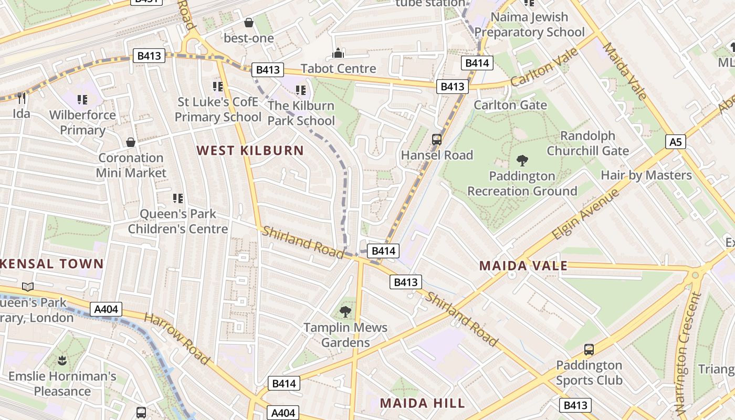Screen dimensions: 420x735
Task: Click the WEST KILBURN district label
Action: (250, 151)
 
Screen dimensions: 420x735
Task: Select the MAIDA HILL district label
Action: (423, 403)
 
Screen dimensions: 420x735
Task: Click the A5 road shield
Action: (676, 141)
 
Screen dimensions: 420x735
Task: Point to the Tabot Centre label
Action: (339, 69)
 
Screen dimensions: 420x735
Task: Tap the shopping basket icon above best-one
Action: (249, 23)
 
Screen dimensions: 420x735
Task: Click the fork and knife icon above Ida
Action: (22, 98)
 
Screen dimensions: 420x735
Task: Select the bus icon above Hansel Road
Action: (437, 140)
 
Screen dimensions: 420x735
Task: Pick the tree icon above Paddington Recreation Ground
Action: (522, 160)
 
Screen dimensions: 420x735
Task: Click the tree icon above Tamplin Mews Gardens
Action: (345, 312)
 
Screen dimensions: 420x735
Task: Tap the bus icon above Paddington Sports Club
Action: (589, 350)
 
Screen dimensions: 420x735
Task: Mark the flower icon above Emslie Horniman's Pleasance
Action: (62, 361)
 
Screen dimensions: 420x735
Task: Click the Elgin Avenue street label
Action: (586, 215)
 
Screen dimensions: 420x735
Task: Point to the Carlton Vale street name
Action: (544, 67)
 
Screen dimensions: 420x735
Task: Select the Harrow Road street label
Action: (177, 339)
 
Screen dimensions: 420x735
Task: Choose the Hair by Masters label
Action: (646, 175)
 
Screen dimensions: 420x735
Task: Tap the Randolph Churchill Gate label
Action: (587, 143)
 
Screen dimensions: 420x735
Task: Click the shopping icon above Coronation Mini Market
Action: (131, 142)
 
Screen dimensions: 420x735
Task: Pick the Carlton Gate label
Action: (510, 105)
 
